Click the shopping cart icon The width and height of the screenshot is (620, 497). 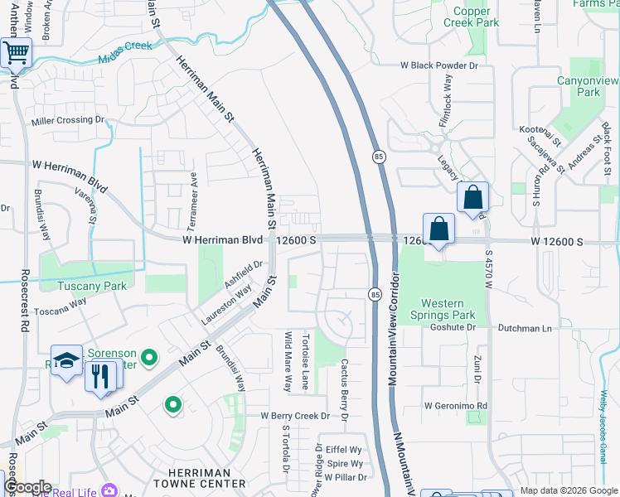(x=16, y=54)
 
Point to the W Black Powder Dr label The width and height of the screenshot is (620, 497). (x=439, y=65)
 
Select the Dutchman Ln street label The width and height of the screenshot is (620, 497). (x=525, y=328)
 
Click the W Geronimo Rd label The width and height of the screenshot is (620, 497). (x=455, y=406)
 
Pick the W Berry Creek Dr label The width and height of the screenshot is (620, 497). (x=296, y=416)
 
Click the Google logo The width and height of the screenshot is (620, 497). (x=27, y=487)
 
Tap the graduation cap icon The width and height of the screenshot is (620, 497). (x=65, y=360)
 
